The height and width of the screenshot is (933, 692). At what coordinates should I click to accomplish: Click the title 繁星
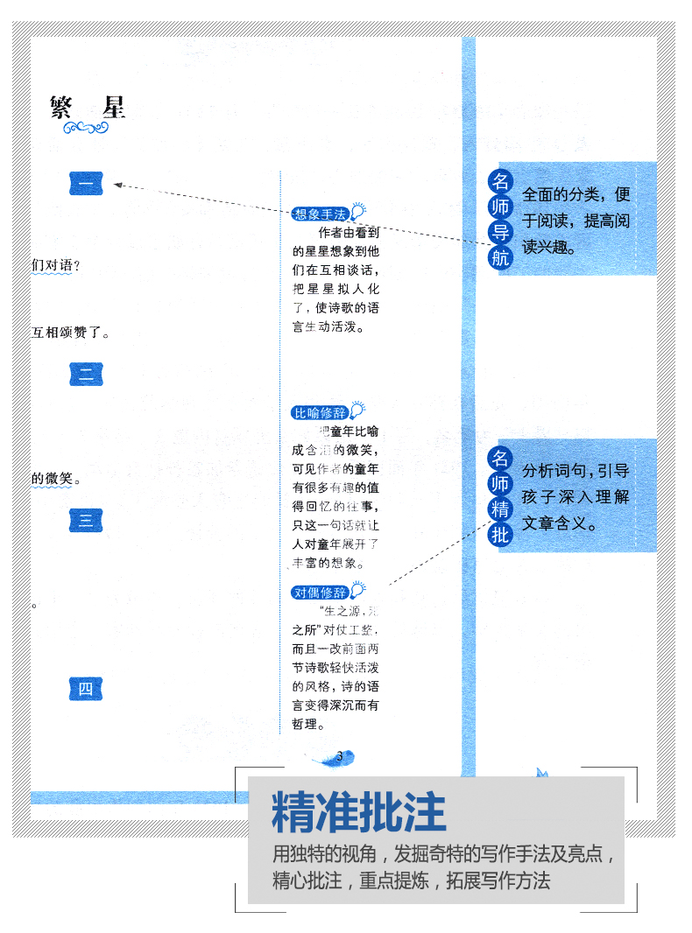pyautogui.click(x=88, y=107)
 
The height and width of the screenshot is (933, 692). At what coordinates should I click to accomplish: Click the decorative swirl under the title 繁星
pyautogui.click(x=87, y=129)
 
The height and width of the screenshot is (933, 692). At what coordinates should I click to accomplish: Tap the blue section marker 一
pyautogui.click(x=86, y=185)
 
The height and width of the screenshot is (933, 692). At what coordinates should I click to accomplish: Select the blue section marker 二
pyautogui.click(x=86, y=374)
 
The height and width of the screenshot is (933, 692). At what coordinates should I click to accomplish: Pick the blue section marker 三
pyautogui.click(x=86, y=520)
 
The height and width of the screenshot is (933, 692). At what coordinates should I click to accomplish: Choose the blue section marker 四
pyautogui.click(x=86, y=689)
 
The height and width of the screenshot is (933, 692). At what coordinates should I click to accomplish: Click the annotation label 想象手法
pyautogui.click(x=320, y=214)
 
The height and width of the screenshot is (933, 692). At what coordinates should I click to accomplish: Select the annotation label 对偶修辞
pyautogui.click(x=320, y=593)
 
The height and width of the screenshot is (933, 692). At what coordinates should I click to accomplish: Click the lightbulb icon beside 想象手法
pyautogui.click(x=357, y=213)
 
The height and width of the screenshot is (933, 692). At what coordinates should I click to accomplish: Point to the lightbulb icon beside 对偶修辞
pyautogui.click(x=357, y=591)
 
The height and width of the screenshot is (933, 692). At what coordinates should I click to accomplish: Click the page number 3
pyautogui.click(x=339, y=756)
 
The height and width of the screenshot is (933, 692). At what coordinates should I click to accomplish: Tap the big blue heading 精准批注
pyautogui.click(x=359, y=812)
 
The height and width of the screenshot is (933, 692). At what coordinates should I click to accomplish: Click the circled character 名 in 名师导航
pyautogui.click(x=499, y=182)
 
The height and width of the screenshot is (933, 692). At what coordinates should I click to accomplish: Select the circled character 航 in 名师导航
pyautogui.click(x=499, y=257)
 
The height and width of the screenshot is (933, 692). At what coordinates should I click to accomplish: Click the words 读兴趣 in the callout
pyautogui.click(x=548, y=248)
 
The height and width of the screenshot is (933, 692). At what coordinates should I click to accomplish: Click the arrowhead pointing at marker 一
pyautogui.click(x=118, y=185)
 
